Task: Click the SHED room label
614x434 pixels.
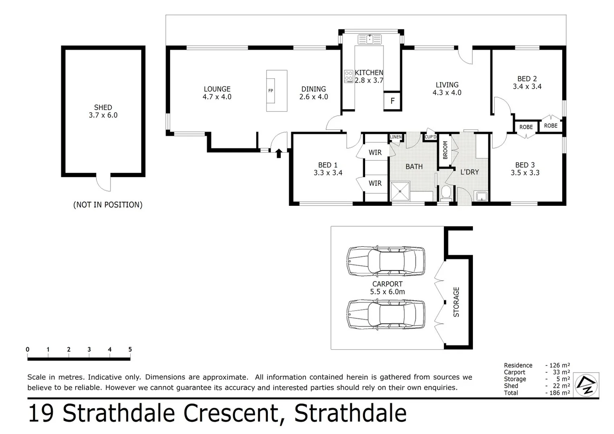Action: point(103,108)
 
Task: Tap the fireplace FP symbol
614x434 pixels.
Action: point(271,91)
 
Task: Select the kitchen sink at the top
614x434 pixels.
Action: point(370,39)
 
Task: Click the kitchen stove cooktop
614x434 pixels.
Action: point(348,76)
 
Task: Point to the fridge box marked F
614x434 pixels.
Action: point(392,101)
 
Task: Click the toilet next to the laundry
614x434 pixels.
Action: point(445,192)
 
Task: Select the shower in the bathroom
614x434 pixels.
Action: point(400,191)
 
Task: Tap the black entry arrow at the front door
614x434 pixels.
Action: point(279,153)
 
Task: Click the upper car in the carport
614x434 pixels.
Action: point(386,261)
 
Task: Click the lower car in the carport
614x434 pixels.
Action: point(386,314)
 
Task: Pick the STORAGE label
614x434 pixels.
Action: point(456,302)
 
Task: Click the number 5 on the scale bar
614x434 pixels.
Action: point(130,349)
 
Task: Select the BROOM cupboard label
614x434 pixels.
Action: point(445,150)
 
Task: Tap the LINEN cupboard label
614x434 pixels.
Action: point(396,137)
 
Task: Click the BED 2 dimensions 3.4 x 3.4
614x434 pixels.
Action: point(527,86)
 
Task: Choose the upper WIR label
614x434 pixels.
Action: point(375,152)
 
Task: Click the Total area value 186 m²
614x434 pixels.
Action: point(559,393)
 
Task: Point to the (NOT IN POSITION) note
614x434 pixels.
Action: point(108,205)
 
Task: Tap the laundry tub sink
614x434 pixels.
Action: point(481,196)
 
